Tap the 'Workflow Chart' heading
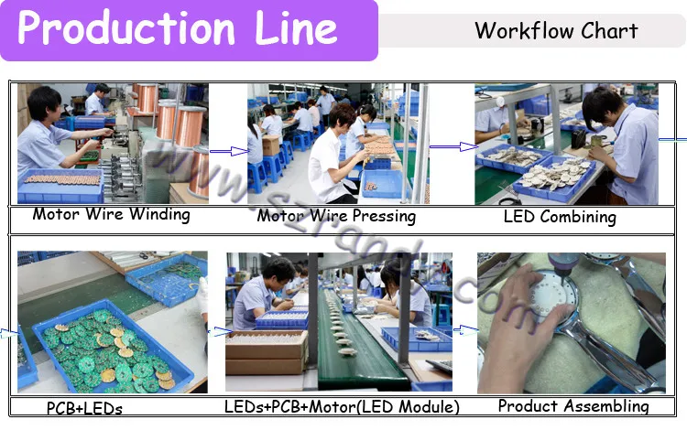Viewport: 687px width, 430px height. click(x=556, y=30)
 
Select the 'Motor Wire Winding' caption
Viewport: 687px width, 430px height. click(x=111, y=215)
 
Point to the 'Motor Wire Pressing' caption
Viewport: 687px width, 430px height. click(x=336, y=217)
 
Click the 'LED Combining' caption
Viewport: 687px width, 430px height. click(x=560, y=218)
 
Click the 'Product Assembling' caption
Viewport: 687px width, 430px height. click(x=573, y=406)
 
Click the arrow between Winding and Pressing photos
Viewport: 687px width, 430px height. click(x=223, y=152)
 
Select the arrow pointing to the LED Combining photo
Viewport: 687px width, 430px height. click(x=453, y=146)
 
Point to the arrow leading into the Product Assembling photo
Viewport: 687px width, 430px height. click(x=465, y=328)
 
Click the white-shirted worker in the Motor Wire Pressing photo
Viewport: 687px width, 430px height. click(x=330, y=156)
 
